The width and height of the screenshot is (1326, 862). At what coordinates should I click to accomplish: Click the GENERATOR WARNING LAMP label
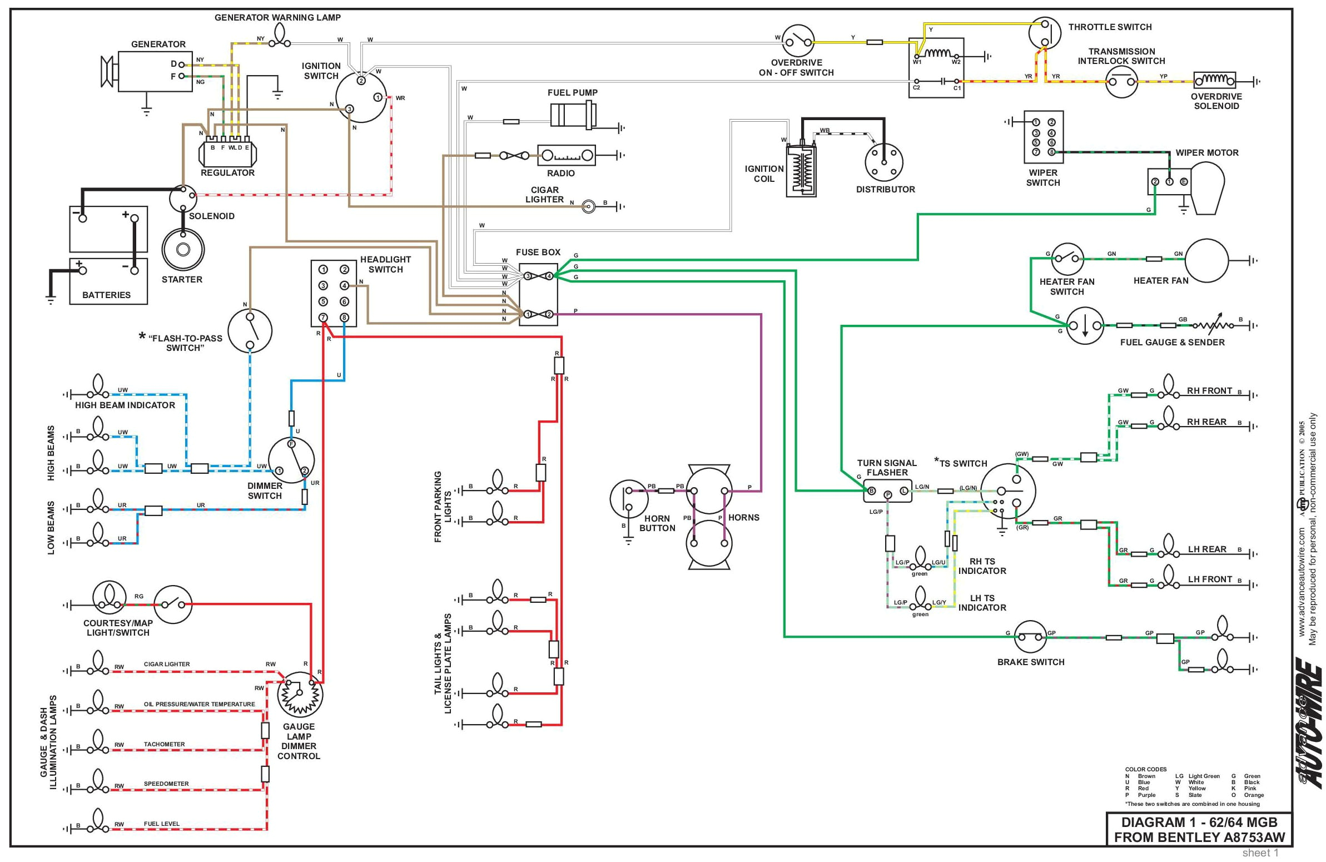point(277,17)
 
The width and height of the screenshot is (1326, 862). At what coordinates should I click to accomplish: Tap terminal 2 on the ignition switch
point(361,81)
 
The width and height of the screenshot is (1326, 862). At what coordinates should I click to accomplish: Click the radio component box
point(567,155)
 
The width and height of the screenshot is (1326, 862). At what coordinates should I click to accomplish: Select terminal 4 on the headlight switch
point(344,286)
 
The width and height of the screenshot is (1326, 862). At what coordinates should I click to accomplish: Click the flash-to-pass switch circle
point(250,330)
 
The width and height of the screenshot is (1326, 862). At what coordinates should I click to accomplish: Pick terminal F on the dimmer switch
point(291,444)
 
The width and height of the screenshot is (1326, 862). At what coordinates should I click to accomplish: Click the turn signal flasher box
point(887,492)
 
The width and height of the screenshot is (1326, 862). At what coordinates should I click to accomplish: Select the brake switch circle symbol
point(1031,637)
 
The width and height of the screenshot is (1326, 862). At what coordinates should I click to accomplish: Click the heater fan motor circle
point(1206,260)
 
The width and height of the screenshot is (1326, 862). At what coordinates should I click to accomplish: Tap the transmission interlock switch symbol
point(1121,82)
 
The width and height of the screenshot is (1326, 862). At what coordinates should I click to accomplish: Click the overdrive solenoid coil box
point(1215,81)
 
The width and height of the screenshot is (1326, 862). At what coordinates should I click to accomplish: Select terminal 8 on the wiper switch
point(1051,152)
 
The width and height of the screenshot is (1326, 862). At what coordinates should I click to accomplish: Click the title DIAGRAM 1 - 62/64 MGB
point(1199,822)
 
